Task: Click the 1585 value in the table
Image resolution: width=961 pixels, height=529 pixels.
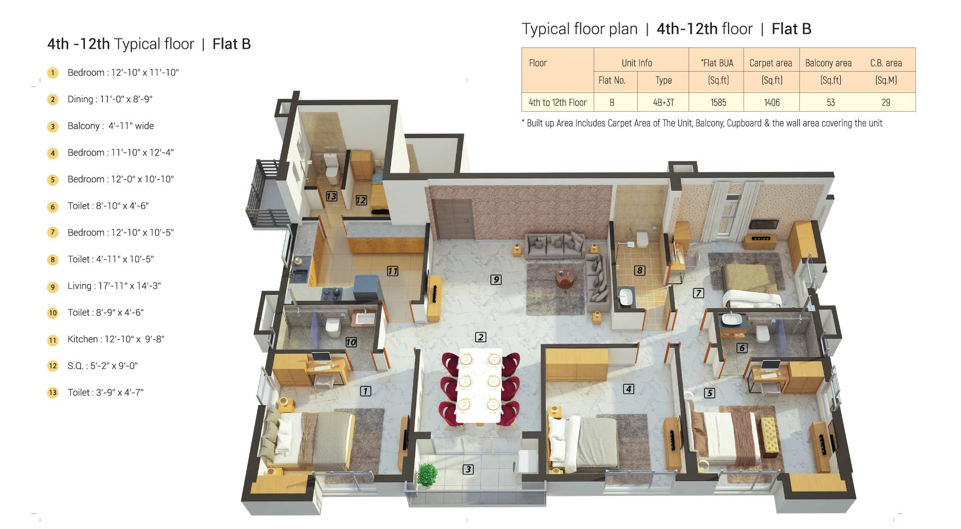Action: click(x=718, y=103)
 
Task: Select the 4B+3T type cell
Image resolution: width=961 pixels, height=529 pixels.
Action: click(x=663, y=103)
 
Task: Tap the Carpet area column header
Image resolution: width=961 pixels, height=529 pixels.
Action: click(x=771, y=63)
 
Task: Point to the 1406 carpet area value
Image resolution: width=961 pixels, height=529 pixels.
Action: click(x=772, y=103)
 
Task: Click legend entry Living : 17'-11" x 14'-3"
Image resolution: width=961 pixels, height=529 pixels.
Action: click(x=114, y=286)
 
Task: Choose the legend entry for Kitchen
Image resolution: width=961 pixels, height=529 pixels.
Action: click(x=116, y=339)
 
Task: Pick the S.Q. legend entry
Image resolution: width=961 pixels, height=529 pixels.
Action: click(x=102, y=366)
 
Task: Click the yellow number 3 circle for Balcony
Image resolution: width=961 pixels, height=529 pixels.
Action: click(x=53, y=126)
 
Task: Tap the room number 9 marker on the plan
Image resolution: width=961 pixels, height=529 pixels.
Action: click(x=496, y=280)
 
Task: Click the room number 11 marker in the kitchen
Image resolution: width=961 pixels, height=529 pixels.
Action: click(x=393, y=271)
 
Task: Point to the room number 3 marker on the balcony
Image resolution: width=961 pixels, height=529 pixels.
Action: click(x=468, y=469)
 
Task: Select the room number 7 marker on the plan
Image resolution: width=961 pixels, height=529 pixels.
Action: click(x=698, y=293)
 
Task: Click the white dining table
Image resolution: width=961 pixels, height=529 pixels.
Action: click(x=480, y=385)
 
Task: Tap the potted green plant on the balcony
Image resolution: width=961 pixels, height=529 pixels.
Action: click(x=427, y=475)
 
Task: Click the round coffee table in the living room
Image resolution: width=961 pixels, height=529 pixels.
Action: click(x=565, y=278)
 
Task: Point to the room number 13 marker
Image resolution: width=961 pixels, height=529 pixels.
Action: click(x=331, y=197)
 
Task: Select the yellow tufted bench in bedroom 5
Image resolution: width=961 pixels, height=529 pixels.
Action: click(x=769, y=437)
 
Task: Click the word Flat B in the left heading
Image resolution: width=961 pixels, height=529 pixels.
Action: click(x=231, y=44)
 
